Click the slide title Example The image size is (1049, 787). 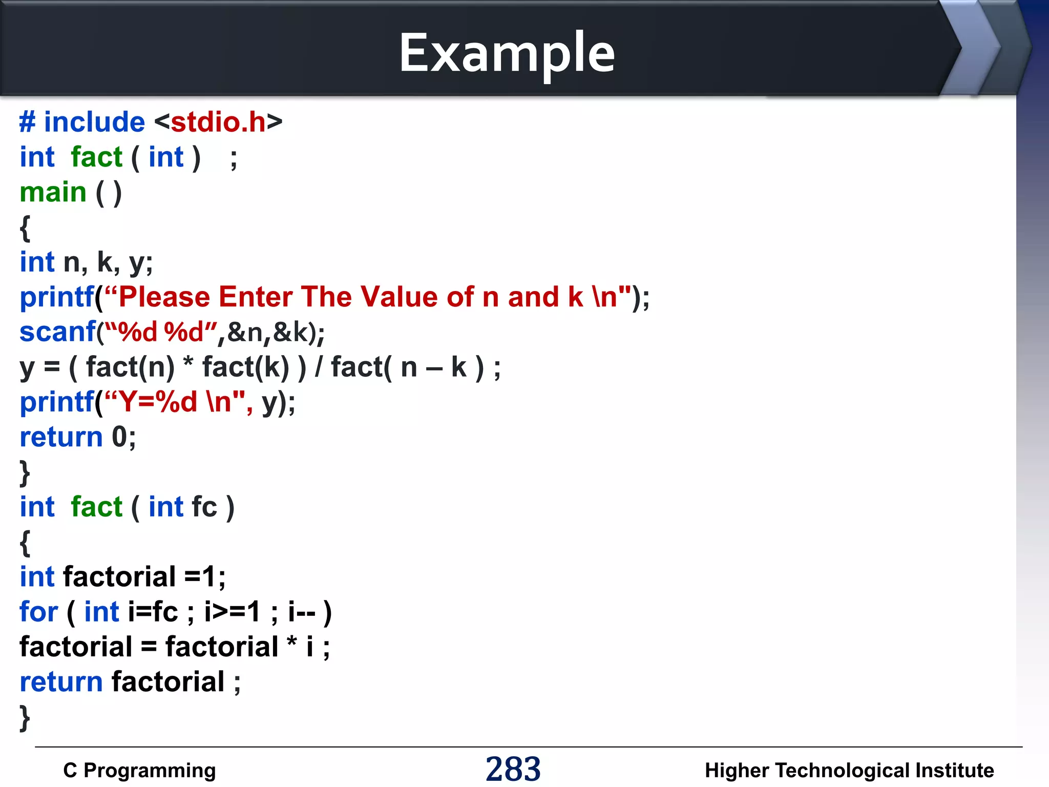pyautogui.click(x=507, y=53)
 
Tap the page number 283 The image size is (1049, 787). pyautogui.click(x=513, y=769)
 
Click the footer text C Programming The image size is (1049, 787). pyautogui.click(x=139, y=770)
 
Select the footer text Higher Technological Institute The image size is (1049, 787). pyautogui.click(x=849, y=770)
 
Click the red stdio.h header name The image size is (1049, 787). pyautogui.click(x=218, y=122)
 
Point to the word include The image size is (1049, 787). pyautogui.click(x=94, y=122)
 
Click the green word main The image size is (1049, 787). pyautogui.click(x=53, y=193)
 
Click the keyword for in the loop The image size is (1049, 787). pyautogui.click(x=38, y=612)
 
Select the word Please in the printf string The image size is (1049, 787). pyautogui.click(x=164, y=297)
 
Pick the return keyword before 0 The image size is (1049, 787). pyautogui.click(x=61, y=438)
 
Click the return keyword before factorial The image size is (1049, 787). pyautogui.click(x=61, y=682)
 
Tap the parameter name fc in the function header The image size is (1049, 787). pyautogui.click(x=204, y=507)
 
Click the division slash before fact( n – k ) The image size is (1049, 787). pyautogui.click(x=319, y=367)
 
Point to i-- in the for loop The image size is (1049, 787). pyautogui.click(x=302, y=612)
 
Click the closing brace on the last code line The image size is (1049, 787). pyautogui.click(x=25, y=717)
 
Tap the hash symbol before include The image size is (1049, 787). pyautogui.click(x=27, y=122)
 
